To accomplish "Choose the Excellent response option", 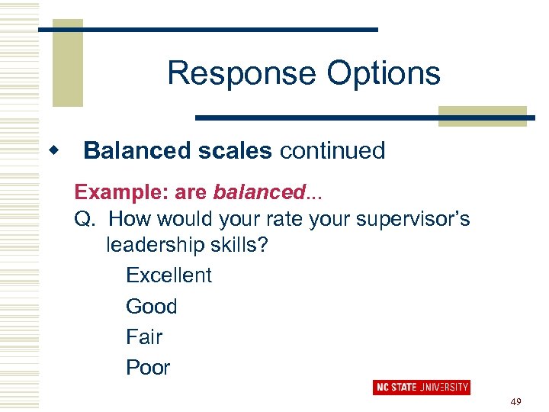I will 169,275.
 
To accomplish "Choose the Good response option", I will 151,306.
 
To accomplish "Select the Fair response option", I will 144,336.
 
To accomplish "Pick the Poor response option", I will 148,367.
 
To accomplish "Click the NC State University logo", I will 421,387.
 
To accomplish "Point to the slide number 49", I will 515,401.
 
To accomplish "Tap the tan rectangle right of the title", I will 482,115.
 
